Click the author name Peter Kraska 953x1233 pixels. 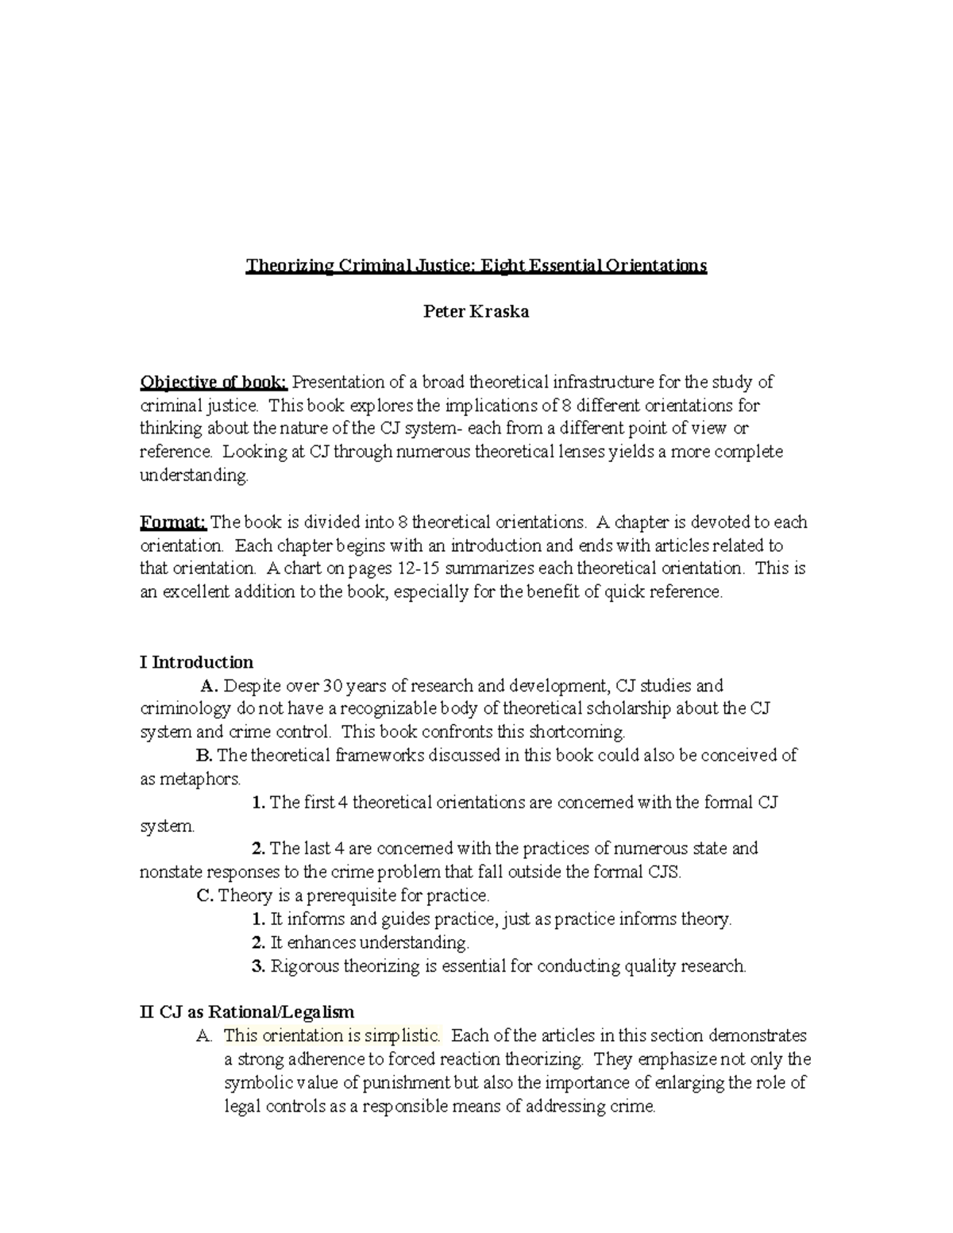point(476,312)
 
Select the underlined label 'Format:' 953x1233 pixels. point(173,522)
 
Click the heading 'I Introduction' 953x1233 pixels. point(196,662)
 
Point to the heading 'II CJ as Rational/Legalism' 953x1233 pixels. point(247,1012)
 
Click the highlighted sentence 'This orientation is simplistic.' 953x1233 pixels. point(331,1036)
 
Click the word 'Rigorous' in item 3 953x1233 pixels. point(304,966)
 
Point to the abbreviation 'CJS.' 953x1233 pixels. point(664,872)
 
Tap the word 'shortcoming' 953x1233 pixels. point(578,732)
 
